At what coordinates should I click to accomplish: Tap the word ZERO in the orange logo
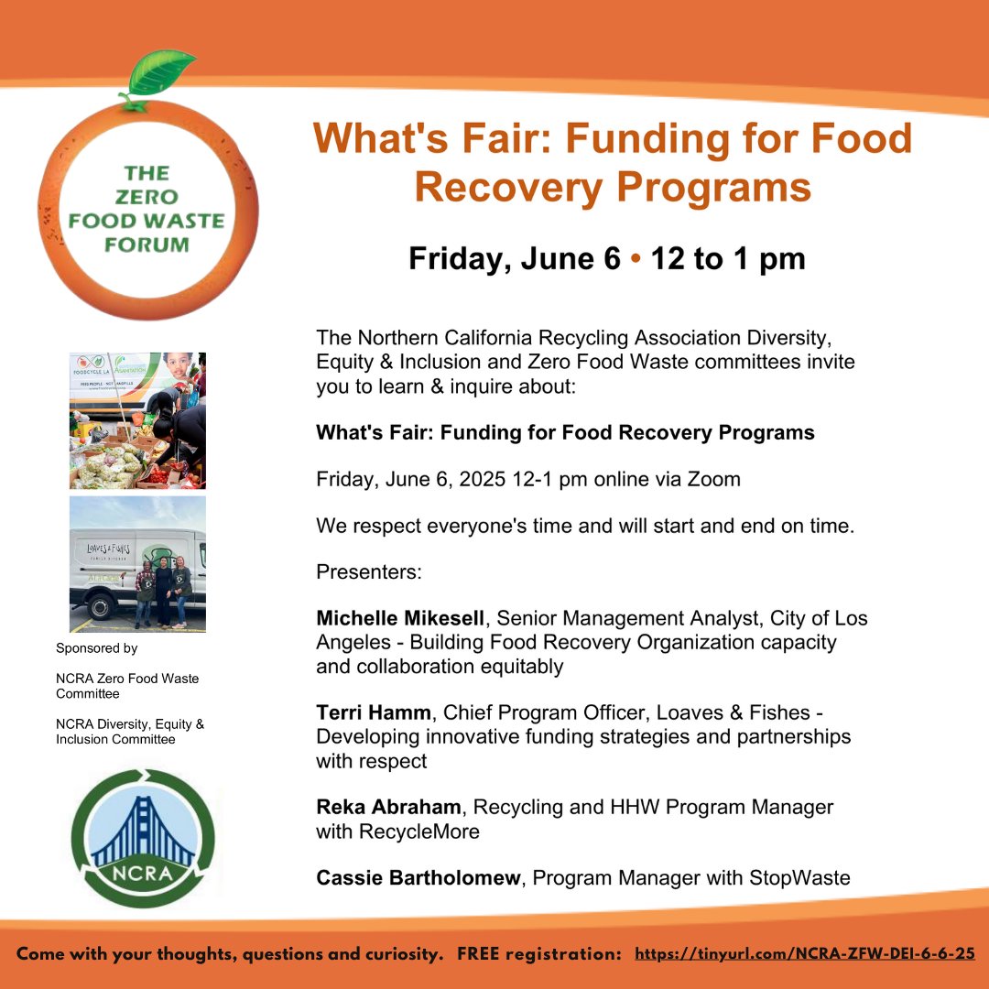click(148, 197)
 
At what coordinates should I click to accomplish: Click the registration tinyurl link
click(805, 953)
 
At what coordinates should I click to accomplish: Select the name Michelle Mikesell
click(401, 618)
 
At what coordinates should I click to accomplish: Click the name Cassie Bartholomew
click(418, 878)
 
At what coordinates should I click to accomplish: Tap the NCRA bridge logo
click(144, 838)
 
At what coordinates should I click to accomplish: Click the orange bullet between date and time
click(635, 259)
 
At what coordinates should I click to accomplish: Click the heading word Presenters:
click(368, 572)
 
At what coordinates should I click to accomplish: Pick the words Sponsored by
click(96, 648)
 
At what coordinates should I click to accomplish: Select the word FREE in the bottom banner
click(479, 953)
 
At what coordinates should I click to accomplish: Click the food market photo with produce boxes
click(137, 420)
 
